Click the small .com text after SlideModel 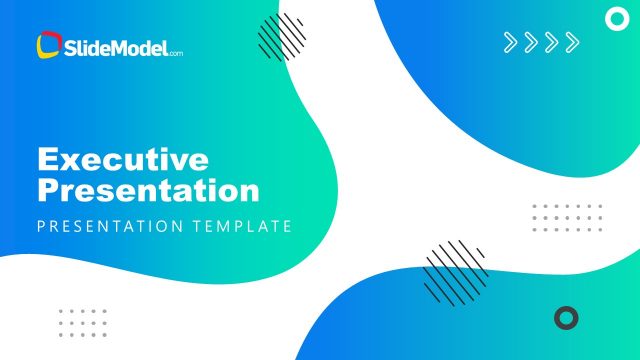tap(176, 51)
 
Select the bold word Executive tap(123, 159)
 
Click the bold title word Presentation tap(148, 189)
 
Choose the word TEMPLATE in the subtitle tap(244, 226)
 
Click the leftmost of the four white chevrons tap(510, 42)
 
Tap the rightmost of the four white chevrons tap(571, 42)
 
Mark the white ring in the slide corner tap(617, 17)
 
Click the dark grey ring tap(566, 318)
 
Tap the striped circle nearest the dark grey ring tap(455, 270)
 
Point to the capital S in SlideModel tap(70, 46)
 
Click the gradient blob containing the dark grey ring tap(480, 320)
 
